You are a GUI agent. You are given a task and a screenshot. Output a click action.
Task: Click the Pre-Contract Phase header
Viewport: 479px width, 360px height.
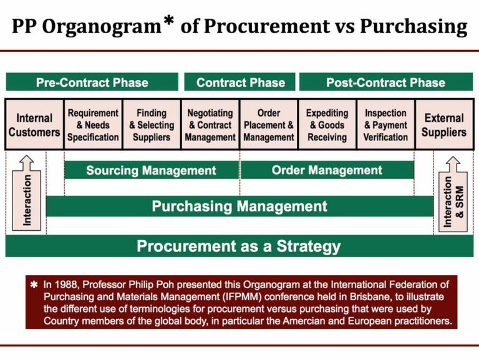point(92,82)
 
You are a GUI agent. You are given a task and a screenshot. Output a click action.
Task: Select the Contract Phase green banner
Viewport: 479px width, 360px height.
point(240,82)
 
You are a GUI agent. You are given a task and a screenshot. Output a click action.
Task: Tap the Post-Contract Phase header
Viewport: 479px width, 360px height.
point(385,82)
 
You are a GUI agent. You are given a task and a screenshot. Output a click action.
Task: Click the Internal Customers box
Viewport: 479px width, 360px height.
point(34,125)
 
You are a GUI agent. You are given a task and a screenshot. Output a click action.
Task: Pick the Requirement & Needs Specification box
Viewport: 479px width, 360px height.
point(93,125)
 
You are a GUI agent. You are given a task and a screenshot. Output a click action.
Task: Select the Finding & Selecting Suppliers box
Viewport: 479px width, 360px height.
point(152,125)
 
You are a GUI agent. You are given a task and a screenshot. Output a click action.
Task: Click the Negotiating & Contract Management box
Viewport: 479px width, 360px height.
point(210,125)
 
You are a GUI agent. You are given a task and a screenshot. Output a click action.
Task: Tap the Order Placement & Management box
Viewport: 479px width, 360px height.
point(268,125)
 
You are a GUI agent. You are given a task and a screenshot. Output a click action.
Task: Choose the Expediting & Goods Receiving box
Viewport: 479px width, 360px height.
point(327,125)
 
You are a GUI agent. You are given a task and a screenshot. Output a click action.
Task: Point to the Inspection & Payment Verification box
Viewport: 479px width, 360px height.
point(385,125)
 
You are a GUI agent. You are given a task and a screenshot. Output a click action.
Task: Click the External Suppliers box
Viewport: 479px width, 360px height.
point(444,125)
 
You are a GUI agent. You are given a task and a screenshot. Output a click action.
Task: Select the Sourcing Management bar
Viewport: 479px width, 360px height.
point(151,170)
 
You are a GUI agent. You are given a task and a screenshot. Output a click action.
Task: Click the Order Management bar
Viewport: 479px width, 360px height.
point(327,170)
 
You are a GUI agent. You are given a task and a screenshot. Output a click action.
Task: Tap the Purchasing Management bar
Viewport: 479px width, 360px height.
point(239,207)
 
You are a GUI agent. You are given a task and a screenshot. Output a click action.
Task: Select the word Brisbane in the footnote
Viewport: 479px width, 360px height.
point(312,296)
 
